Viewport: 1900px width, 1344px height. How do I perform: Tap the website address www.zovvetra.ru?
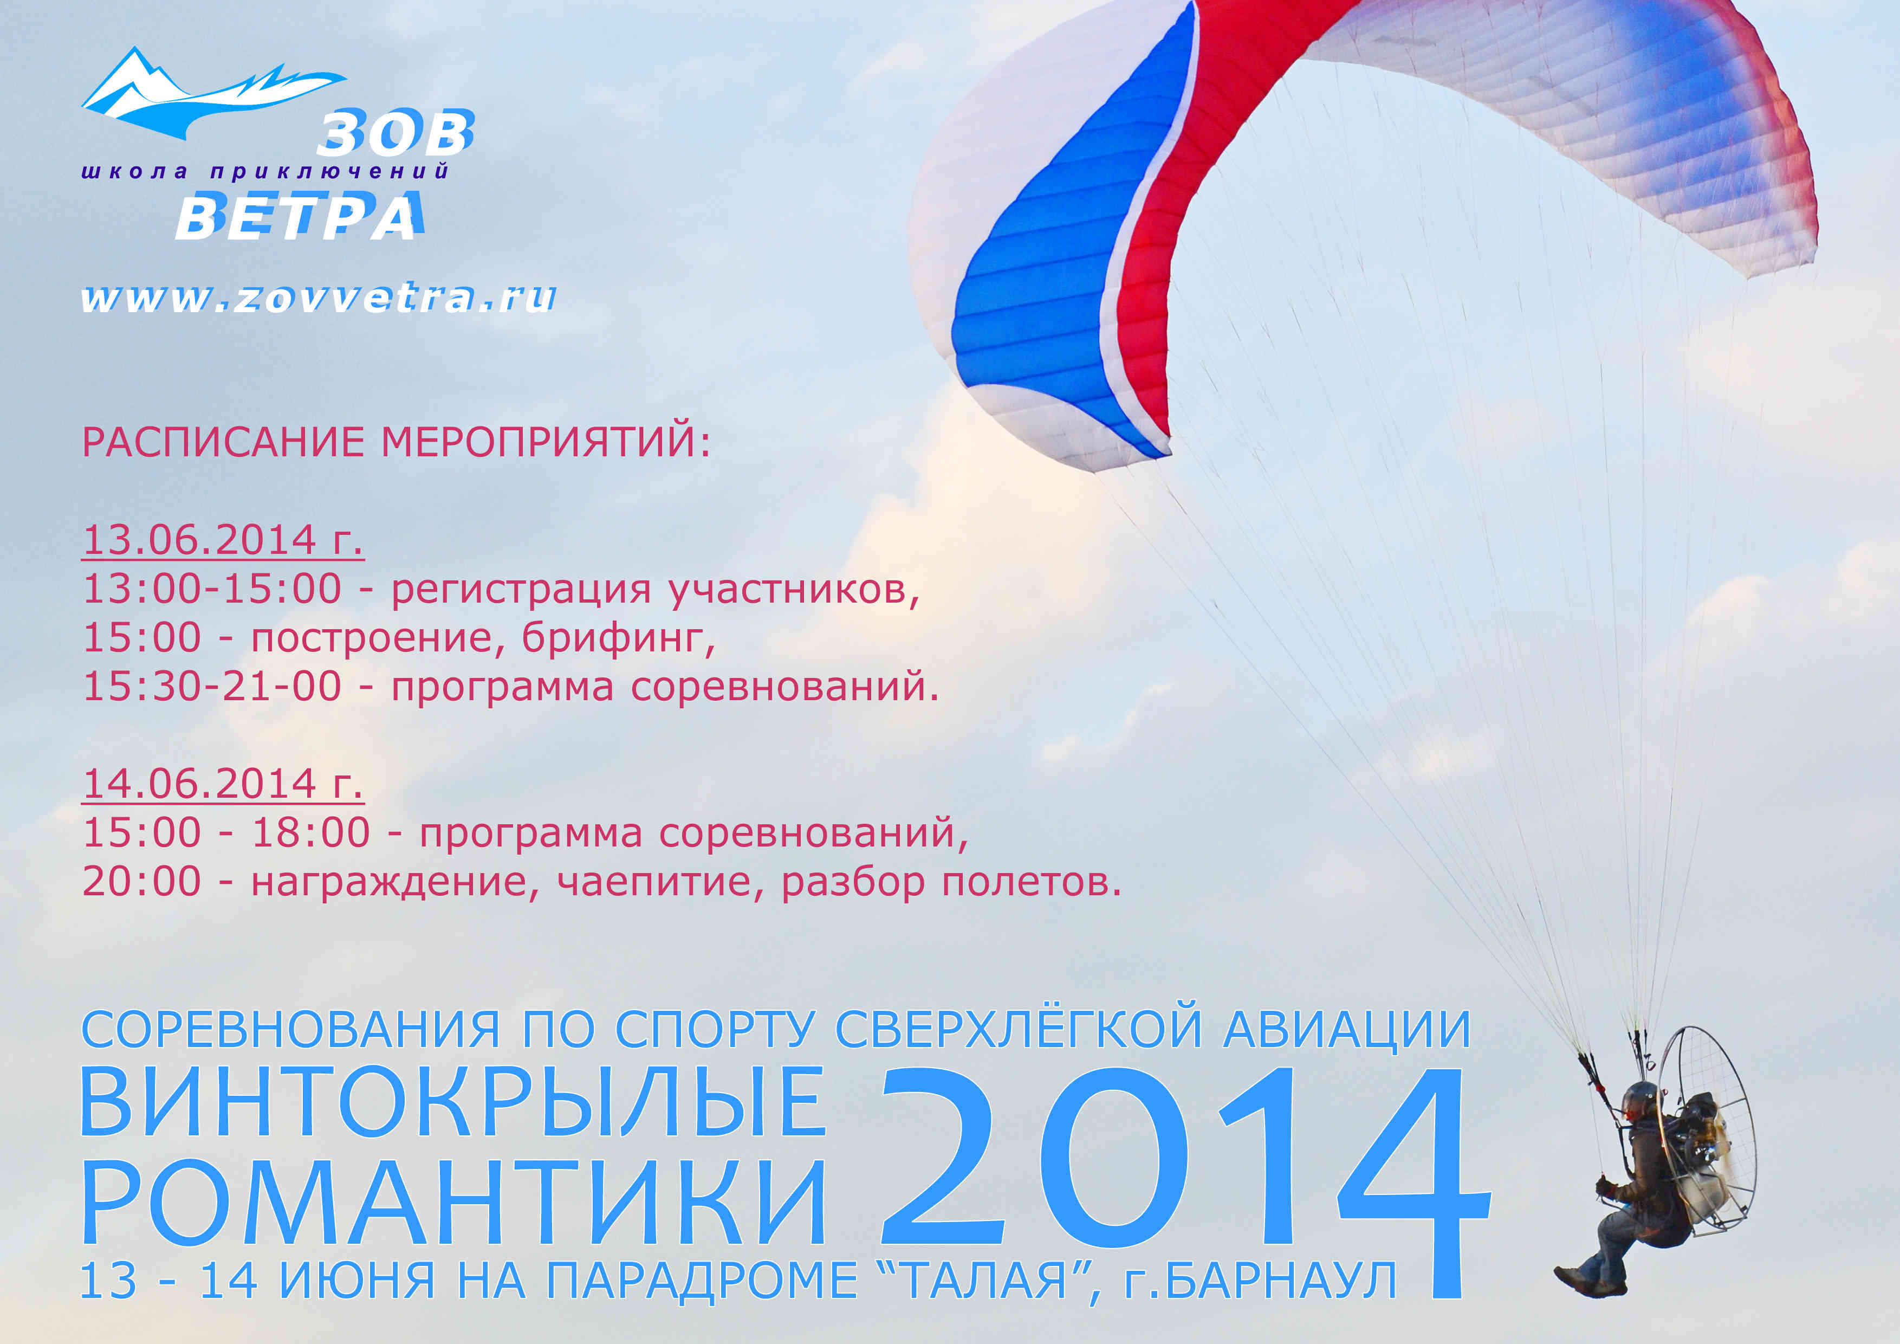(x=319, y=298)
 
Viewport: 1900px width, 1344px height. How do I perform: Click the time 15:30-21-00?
(x=212, y=687)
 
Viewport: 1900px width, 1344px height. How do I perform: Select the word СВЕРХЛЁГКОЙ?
(x=1018, y=1030)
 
